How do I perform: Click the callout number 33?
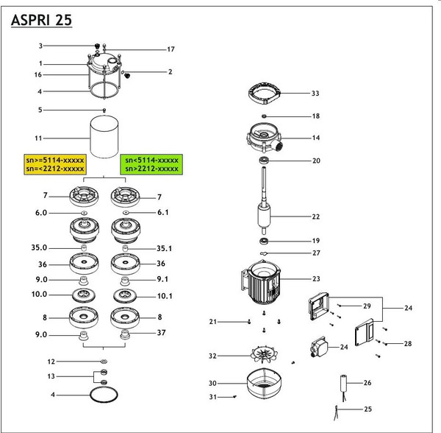coord(315,94)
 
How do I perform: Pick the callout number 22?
coord(316,217)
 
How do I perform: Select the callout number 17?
coord(171,49)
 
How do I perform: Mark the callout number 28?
coord(406,344)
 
